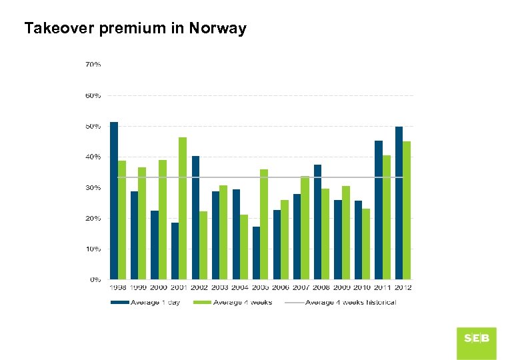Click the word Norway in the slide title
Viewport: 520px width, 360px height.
[217, 29]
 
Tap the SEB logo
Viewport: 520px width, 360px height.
[477, 339]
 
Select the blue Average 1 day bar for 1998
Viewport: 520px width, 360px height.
[114, 200]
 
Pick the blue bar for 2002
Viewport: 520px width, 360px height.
[195, 217]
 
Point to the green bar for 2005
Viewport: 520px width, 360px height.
[264, 224]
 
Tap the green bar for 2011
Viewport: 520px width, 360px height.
[387, 217]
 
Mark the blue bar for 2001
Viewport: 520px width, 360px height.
[175, 251]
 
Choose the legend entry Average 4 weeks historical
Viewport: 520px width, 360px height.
[351, 303]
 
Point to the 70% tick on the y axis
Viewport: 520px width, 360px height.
[93, 65]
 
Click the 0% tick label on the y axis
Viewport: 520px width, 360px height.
[95, 280]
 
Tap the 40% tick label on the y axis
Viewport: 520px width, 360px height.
[93, 157]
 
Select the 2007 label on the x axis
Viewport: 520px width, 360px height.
[301, 288]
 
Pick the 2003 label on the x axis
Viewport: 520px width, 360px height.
[220, 288]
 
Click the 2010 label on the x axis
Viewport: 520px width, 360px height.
[362, 288]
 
